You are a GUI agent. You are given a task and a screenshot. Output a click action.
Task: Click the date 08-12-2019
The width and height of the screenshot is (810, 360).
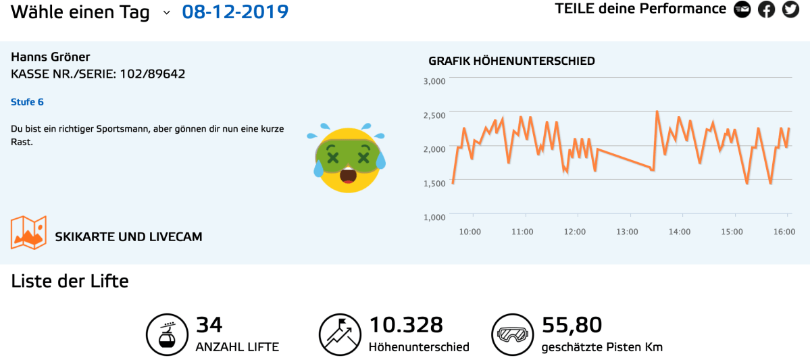(x=235, y=11)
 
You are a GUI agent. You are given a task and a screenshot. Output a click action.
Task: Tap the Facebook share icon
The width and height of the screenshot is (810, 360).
(x=766, y=9)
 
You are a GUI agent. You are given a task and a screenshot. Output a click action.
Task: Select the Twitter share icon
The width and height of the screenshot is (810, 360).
(x=790, y=9)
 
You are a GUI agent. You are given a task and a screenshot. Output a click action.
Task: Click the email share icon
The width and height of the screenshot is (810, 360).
(x=742, y=9)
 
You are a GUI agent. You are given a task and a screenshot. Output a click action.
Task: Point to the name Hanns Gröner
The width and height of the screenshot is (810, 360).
(x=51, y=57)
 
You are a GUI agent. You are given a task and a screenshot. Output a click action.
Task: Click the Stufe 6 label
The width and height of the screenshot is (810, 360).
(x=27, y=102)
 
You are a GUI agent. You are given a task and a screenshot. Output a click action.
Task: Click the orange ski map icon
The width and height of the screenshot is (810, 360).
(x=28, y=232)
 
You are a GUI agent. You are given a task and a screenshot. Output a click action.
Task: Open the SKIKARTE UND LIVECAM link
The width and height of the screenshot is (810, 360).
(x=128, y=237)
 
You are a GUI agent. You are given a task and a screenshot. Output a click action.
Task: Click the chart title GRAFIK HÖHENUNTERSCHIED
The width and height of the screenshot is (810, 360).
(x=511, y=61)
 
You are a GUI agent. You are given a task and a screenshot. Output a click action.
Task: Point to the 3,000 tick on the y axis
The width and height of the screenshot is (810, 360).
(x=434, y=81)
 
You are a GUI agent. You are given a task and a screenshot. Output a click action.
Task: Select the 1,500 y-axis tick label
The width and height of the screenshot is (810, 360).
(x=434, y=183)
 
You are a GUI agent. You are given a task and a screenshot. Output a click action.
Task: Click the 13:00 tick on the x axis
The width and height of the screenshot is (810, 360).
(x=627, y=232)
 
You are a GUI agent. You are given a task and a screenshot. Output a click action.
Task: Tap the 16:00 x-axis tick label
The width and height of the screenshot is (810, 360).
(x=784, y=232)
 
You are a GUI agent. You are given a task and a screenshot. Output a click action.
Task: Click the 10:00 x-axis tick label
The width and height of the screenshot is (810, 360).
(x=470, y=232)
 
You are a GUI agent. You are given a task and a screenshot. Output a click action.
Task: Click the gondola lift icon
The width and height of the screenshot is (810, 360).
(x=166, y=334)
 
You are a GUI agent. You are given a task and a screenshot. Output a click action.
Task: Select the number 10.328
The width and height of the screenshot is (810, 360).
(x=405, y=325)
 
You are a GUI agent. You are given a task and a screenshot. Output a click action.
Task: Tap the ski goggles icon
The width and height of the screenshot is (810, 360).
(x=511, y=334)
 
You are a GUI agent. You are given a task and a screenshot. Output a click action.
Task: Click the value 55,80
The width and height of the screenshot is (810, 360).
(x=572, y=325)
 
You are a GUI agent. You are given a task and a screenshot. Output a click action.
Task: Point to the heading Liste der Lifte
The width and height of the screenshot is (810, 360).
(x=70, y=281)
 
